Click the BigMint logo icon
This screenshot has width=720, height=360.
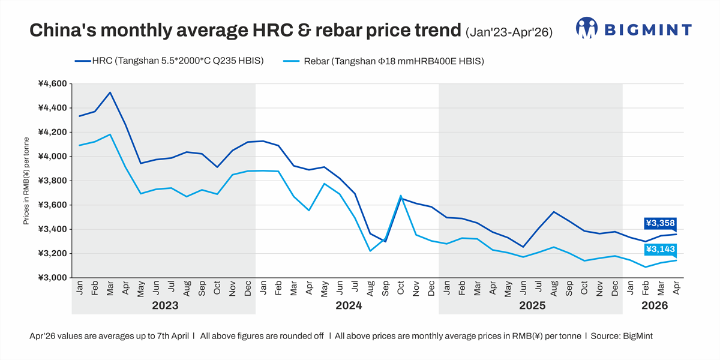[x=586, y=28]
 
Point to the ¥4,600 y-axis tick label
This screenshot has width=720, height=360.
[x=52, y=83]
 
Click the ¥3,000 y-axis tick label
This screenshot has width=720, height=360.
[x=52, y=278]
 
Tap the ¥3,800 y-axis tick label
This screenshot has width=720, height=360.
[x=52, y=181]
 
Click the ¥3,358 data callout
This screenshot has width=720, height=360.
[x=660, y=224]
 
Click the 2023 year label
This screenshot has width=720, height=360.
[x=164, y=305]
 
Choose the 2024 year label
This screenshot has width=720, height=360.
[x=348, y=305]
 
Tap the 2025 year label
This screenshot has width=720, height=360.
[x=532, y=305]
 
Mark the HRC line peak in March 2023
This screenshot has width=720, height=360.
[x=110, y=92]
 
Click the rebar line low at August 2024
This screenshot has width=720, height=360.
[x=370, y=251]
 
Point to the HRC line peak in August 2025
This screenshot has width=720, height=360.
[x=554, y=212]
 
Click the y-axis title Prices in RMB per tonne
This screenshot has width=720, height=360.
[x=26, y=181]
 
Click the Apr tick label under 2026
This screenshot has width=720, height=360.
[x=676, y=289]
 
